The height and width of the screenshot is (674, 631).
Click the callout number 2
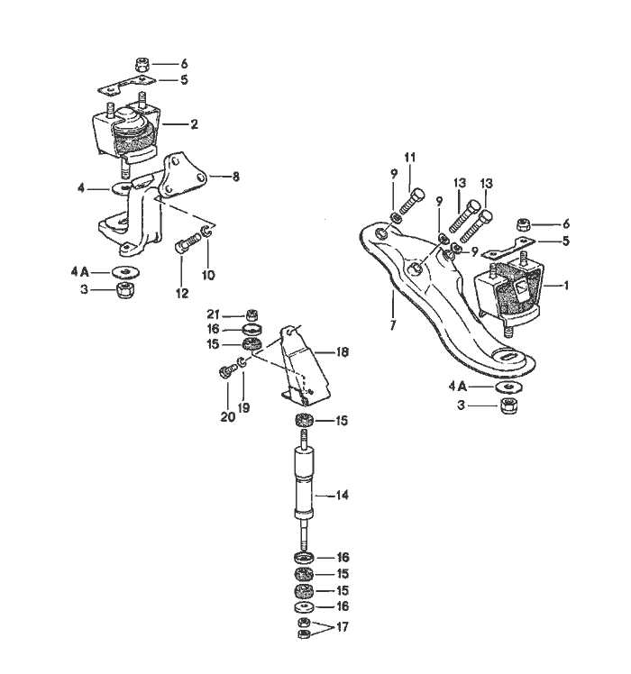[x=194, y=123]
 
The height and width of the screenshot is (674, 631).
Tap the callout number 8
[x=235, y=178]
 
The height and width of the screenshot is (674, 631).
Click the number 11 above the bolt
[x=410, y=158]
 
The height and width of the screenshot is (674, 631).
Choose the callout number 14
[x=343, y=495]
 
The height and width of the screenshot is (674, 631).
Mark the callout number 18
[x=343, y=351]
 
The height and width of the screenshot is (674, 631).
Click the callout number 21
[x=213, y=314]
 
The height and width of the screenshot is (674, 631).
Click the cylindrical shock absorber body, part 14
[x=304, y=482]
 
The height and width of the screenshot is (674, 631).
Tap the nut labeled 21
[x=253, y=314]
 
